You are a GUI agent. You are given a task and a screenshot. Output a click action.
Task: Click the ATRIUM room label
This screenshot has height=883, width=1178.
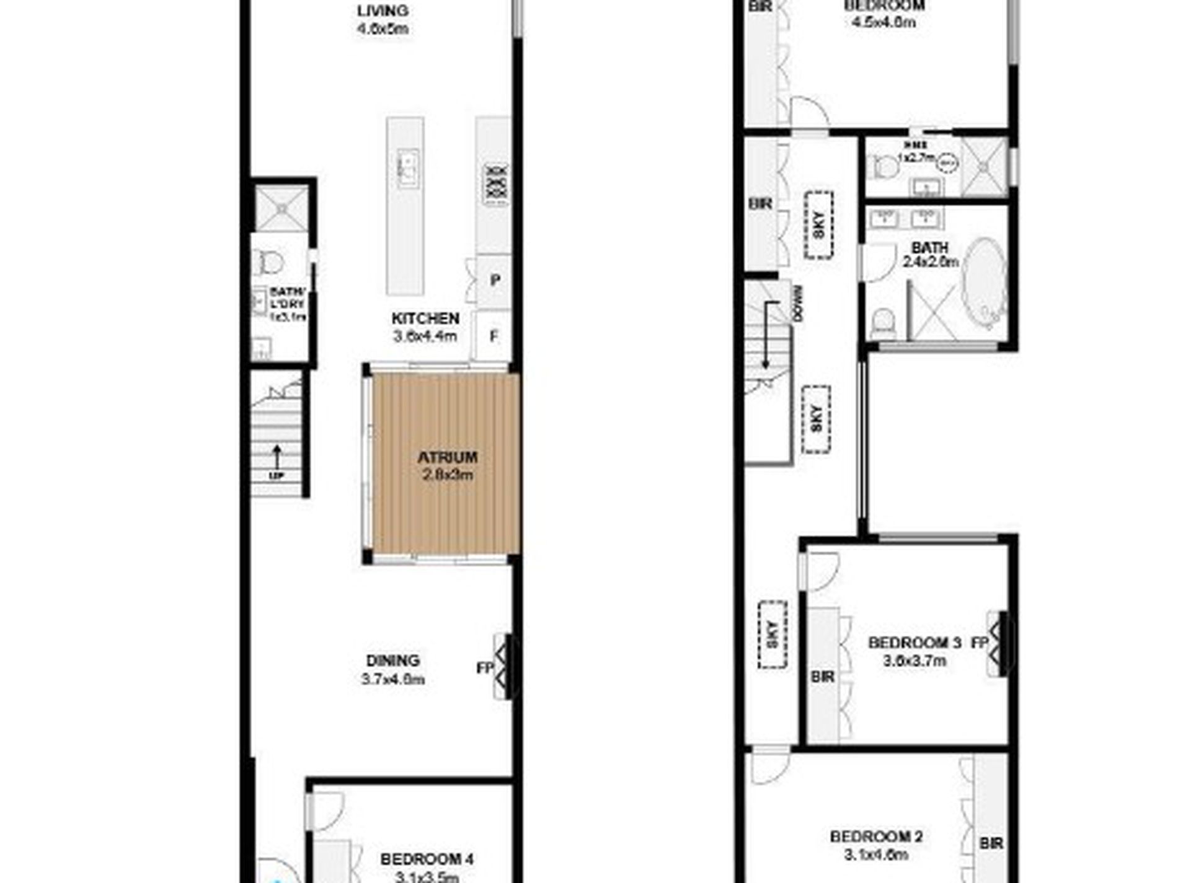447,457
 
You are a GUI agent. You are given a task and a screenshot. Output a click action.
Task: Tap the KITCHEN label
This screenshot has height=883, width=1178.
425,318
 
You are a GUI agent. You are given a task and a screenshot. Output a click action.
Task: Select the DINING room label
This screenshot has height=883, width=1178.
392,661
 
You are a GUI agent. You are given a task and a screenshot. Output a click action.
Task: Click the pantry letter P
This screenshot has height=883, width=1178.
495,281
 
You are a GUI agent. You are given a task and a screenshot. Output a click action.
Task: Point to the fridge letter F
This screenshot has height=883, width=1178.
494,336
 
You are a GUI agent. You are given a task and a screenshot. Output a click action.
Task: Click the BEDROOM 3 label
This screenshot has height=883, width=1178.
914,643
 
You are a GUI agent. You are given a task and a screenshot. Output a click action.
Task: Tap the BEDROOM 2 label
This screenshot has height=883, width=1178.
876,837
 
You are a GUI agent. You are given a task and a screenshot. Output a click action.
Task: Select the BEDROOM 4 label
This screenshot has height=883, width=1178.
427,859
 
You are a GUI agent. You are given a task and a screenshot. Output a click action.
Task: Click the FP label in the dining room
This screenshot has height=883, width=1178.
484,668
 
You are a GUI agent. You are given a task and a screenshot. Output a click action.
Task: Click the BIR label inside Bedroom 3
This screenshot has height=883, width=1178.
823,677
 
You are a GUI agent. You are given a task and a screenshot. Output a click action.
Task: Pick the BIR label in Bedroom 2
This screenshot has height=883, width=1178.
991,843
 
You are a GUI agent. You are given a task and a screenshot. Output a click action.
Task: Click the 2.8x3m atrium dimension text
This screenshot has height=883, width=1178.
447,475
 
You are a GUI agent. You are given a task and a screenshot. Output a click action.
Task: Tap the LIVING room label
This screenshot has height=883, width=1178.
383,11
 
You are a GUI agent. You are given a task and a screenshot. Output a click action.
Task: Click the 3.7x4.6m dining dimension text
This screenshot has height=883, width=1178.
392,679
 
